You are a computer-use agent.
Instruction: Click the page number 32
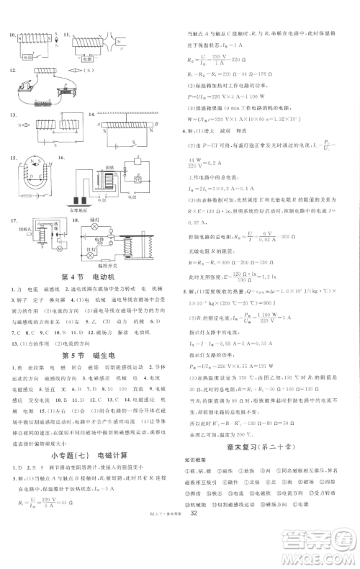coord(192,555)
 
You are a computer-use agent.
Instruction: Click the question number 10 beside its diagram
coord(11,33)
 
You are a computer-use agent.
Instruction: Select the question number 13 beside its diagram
coord(11,115)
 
